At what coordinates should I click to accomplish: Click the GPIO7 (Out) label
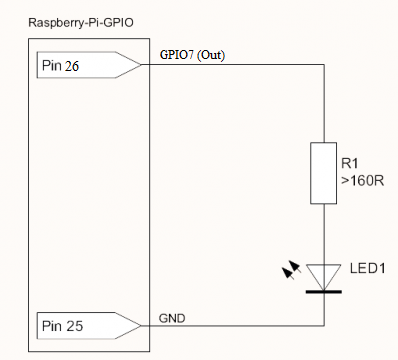click(x=192, y=56)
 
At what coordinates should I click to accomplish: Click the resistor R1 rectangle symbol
click(x=324, y=174)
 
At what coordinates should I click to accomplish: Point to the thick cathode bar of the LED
click(x=324, y=291)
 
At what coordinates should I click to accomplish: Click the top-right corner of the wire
click(x=324, y=66)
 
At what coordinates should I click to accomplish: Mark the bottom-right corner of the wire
click(x=324, y=325)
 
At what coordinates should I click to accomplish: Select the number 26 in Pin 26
click(x=73, y=67)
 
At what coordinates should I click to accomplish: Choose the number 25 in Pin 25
click(x=73, y=326)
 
